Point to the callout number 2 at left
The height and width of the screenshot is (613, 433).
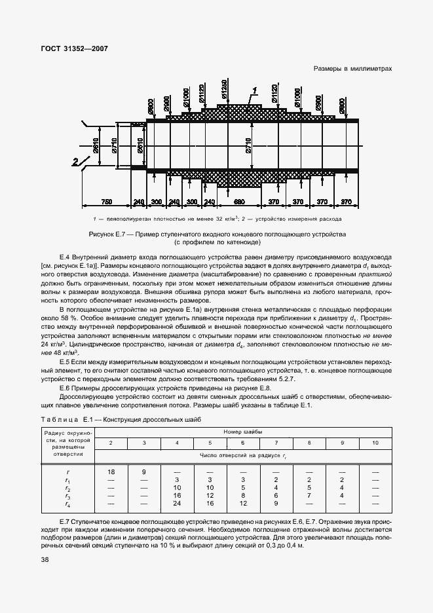click(x=75, y=160)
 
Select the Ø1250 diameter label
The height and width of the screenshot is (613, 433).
click(x=225, y=94)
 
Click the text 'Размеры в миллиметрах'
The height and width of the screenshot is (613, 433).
click(x=352, y=67)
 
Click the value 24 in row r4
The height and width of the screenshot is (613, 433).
click(x=177, y=504)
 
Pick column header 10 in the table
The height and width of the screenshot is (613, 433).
click(x=375, y=443)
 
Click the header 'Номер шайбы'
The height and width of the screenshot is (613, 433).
click(x=243, y=432)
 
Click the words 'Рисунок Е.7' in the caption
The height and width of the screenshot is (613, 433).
click(x=108, y=234)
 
